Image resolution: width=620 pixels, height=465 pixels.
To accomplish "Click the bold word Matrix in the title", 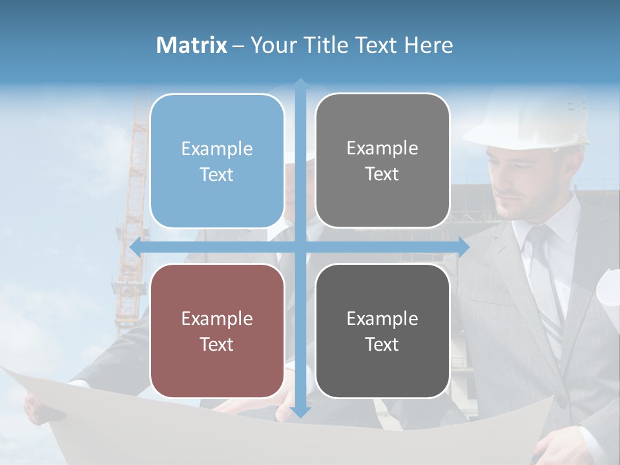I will [192, 45].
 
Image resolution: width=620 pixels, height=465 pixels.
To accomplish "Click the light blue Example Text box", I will [217, 161].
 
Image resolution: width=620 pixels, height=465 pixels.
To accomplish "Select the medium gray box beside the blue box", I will [382, 161].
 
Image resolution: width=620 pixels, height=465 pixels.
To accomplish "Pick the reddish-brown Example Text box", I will [217, 331].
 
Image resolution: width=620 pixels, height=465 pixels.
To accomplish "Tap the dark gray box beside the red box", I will [382, 331].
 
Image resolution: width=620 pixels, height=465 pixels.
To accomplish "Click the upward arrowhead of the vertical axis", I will [300, 84].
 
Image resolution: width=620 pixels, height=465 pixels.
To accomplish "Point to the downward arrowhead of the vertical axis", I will [300, 411].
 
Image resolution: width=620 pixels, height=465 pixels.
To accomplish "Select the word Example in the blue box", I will [217, 149].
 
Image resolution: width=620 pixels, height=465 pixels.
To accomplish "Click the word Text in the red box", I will [217, 344].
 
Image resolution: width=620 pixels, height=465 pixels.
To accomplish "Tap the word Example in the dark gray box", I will [382, 318].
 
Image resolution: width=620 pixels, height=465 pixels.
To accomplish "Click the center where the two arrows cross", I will [300, 247].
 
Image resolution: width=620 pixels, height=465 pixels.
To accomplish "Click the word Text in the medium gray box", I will [382, 174].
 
